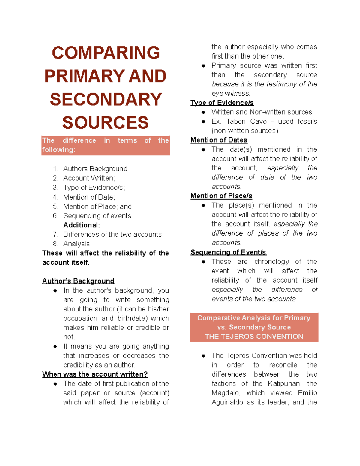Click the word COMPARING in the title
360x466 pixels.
[x=106, y=53]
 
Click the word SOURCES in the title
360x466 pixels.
[x=105, y=123]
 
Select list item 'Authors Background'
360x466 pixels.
[x=95, y=169]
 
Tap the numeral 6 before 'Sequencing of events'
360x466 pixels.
[x=55, y=216]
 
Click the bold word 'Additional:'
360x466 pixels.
[x=82, y=225]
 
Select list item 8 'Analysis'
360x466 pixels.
[x=76, y=244]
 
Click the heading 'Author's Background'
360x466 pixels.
[x=78, y=281]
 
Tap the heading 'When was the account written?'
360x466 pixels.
[x=95, y=374]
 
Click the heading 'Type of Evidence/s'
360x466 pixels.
[x=222, y=103]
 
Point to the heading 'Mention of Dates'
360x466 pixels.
[x=219, y=140]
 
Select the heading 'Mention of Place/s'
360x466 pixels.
[x=221, y=196]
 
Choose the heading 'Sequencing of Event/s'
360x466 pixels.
[x=228, y=252]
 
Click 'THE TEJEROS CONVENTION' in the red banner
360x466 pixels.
[x=254, y=337]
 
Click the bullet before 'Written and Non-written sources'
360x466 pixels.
[x=203, y=113]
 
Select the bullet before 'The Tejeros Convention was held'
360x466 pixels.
[x=203, y=356]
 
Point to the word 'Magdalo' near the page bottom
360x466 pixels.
[x=225, y=393]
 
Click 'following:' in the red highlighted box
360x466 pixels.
[x=58, y=150]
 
